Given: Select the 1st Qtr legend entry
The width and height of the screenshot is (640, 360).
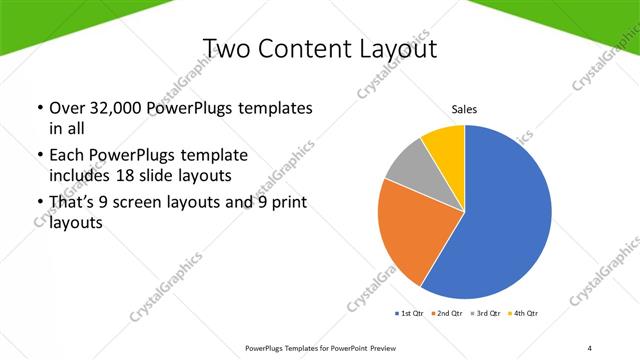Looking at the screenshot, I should (x=411, y=313).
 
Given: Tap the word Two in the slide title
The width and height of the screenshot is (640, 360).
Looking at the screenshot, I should (x=227, y=49).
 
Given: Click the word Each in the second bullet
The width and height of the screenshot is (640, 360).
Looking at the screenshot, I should (x=67, y=156).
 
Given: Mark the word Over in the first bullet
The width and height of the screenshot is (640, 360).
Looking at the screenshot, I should (x=68, y=107).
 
